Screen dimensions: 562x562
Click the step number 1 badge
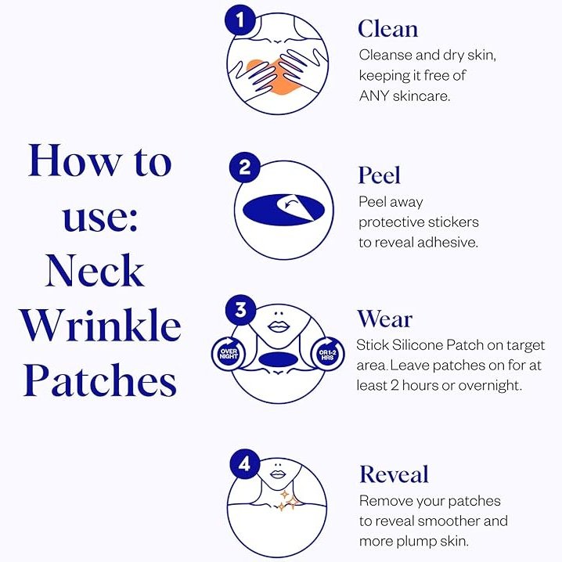tap(240, 20)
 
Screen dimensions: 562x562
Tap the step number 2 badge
tap(245, 167)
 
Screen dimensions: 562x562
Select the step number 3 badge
tap(240, 310)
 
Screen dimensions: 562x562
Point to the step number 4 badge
tap(245, 464)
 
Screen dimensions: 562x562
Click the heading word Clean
tap(387, 29)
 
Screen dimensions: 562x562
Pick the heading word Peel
tap(379, 175)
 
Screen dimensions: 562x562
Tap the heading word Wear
tap(384, 319)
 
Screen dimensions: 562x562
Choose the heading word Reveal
tap(394, 474)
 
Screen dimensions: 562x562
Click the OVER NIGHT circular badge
tap(229, 354)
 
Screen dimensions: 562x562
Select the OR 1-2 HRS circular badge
tap(327, 355)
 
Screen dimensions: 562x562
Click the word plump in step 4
tap(416, 542)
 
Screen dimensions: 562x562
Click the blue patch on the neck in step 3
tap(276, 358)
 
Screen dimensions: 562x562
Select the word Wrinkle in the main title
tap(100, 324)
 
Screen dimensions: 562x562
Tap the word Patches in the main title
tap(100, 380)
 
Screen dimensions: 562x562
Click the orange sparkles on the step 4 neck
tap(289, 500)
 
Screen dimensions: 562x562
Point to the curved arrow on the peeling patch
tap(291, 204)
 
